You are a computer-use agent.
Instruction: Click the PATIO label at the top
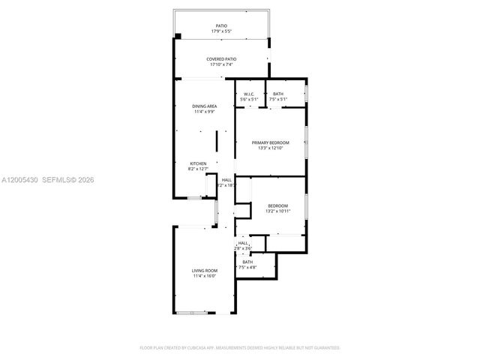click(221, 25)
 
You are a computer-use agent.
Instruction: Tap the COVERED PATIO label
click(221, 59)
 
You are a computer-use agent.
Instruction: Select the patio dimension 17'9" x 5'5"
click(221, 31)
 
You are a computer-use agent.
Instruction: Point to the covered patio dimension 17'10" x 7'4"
click(221, 65)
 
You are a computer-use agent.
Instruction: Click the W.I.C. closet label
click(248, 94)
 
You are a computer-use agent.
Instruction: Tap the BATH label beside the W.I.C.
click(278, 94)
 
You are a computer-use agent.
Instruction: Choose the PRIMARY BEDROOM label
click(270, 142)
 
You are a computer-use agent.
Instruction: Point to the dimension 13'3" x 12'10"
click(270, 148)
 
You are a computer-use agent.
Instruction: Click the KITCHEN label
click(198, 163)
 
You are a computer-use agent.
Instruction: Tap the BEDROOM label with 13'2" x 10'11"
click(277, 205)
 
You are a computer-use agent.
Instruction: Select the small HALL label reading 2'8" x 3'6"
click(243, 243)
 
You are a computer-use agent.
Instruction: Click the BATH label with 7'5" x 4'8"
click(247, 262)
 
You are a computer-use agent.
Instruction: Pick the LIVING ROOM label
click(204, 270)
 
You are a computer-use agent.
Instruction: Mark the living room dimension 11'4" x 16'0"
click(204, 276)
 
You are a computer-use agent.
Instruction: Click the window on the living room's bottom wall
click(196, 312)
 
